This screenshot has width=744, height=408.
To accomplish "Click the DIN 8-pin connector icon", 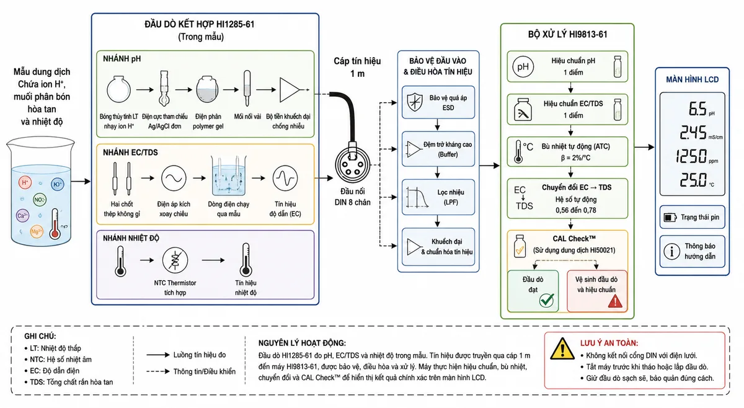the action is click(352, 165).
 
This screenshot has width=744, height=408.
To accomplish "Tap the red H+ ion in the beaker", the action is click(25, 183).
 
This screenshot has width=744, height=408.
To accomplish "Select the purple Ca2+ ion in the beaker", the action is click(22, 216).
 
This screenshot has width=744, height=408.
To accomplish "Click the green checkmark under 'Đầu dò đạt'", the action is click(546, 300).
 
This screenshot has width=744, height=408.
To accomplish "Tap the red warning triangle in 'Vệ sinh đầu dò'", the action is click(615, 301).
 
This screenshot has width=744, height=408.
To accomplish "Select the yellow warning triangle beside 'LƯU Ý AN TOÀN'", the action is click(562, 349).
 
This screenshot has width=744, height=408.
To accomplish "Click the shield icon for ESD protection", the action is click(415, 102).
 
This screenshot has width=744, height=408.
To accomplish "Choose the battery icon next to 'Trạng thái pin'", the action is click(670, 218).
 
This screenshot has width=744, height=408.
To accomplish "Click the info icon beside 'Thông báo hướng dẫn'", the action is click(671, 252).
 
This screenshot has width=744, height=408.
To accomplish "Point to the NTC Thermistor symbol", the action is click(175, 260).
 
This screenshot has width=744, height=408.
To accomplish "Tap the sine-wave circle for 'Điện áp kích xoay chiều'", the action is click(174, 178).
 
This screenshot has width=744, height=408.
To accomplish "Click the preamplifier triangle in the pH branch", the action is click(290, 90).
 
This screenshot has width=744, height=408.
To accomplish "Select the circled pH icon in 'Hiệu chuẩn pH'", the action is click(523, 67).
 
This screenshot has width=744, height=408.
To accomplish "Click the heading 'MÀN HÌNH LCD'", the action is click(692, 80).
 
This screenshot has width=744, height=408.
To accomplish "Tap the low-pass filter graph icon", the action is click(417, 197).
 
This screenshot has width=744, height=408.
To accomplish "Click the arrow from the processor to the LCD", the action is click(644, 147).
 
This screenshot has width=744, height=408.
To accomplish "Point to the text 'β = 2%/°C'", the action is click(575, 158).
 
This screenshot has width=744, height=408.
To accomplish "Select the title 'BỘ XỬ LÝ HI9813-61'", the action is click(568, 35).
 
